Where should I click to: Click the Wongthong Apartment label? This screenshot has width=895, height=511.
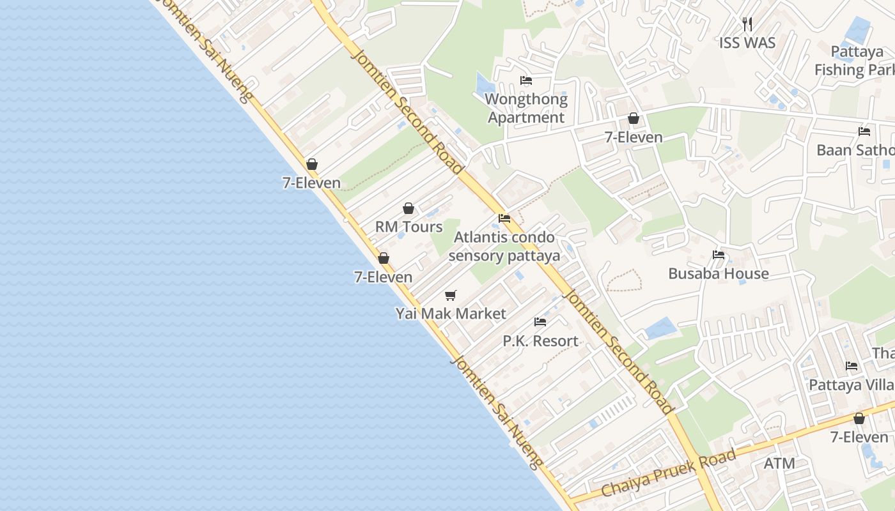click(526, 108)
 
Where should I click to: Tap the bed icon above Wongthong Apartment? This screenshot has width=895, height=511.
click(526, 80)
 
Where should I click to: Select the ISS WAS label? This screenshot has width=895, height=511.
click(747, 43)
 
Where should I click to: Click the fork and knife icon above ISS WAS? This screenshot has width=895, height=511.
click(747, 24)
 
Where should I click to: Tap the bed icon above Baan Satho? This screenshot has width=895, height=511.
click(864, 132)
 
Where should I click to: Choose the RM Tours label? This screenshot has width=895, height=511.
click(409, 227)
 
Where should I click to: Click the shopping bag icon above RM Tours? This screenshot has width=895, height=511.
click(409, 208)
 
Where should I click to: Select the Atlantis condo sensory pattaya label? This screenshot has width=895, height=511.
click(504, 247)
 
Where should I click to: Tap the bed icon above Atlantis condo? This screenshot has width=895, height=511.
click(504, 218)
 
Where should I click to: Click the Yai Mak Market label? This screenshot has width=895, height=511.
click(451, 314)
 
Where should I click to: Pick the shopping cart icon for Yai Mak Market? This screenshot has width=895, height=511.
click(451, 295)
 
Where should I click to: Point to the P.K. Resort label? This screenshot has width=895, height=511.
click(540, 340)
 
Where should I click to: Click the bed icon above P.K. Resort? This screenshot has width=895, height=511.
click(540, 322)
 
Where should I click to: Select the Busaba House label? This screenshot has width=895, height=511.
click(719, 273)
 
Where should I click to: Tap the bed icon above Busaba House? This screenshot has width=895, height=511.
click(719, 255)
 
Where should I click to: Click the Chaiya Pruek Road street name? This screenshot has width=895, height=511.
click(669, 474)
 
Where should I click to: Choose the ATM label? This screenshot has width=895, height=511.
click(779, 463)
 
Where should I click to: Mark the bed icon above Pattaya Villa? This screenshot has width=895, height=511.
click(852, 366)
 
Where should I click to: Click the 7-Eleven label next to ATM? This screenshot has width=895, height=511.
click(859, 437)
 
